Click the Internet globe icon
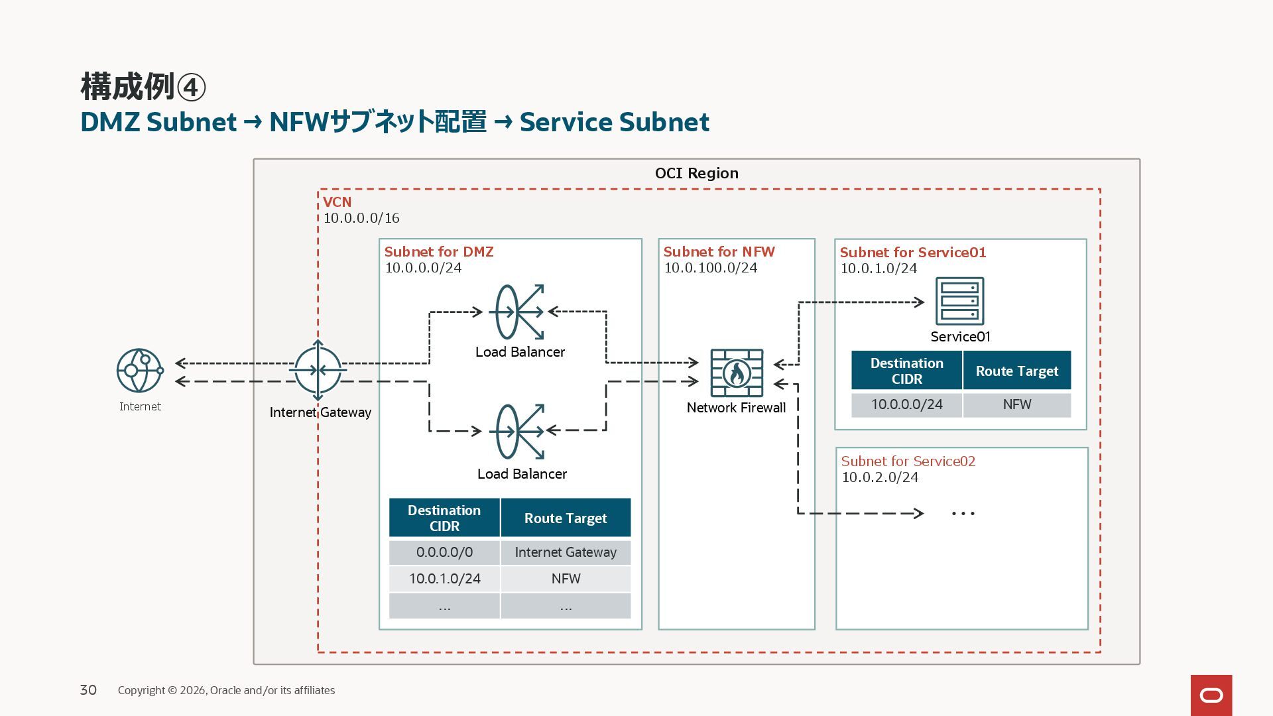coord(139,371)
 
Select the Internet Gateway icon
coord(318,370)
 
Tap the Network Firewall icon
coord(737,373)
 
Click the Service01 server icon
coord(959,301)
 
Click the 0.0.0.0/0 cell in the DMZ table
coord(444,552)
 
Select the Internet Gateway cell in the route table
coord(566,552)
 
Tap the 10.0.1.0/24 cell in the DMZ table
coord(444,579)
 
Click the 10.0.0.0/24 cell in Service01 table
coord(906,404)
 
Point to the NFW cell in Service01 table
coord(1016,404)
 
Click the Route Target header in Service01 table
coord(1016,371)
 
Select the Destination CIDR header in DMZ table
coord(444,518)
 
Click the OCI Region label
coord(696,173)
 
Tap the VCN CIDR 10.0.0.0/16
coord(361,218)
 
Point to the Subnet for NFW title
coord(719,252)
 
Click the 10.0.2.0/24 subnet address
coord(880,477)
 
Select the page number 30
coord(88,690)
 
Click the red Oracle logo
coord(1211,695)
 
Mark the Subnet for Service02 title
coord(908,461)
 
